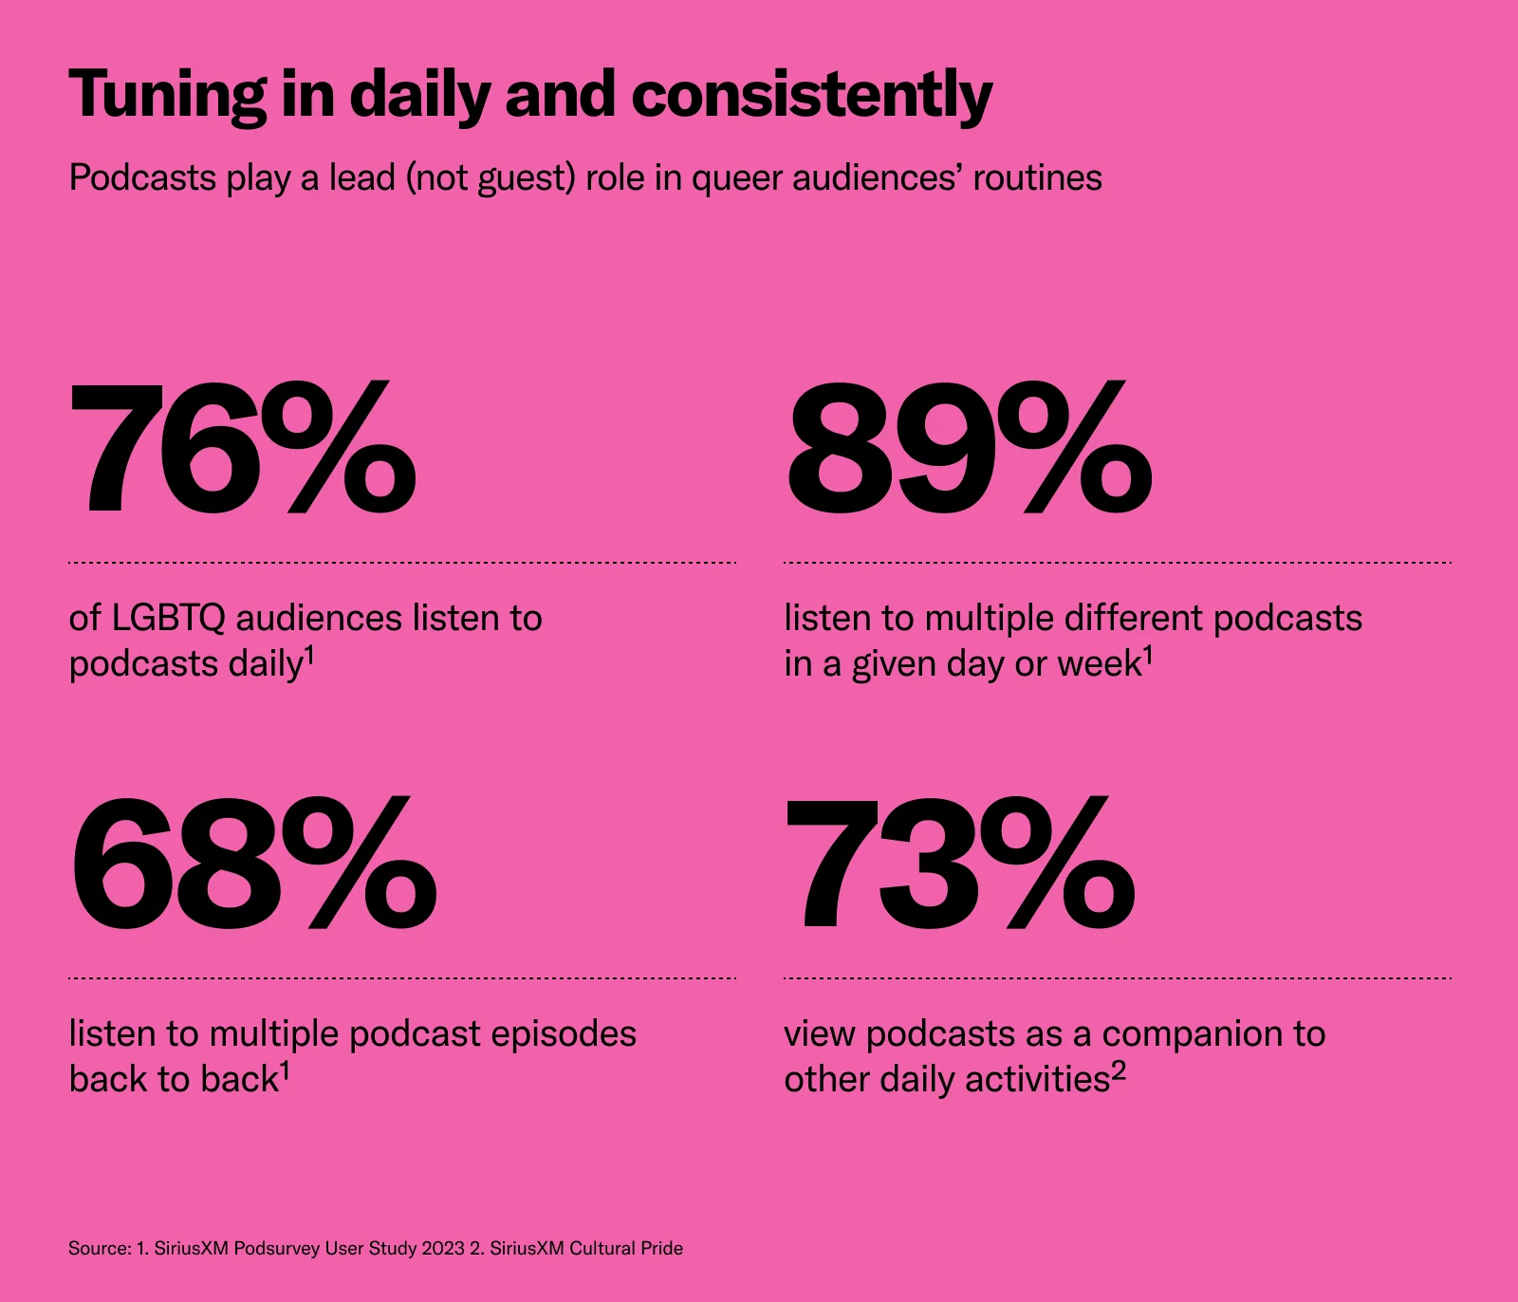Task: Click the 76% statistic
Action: (243, 448)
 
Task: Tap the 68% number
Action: (253, 864)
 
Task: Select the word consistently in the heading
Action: (811, 97)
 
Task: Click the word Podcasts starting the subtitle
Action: (143, 177)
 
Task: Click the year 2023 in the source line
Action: (443, 1248)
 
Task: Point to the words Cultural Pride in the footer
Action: (626, 1248)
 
